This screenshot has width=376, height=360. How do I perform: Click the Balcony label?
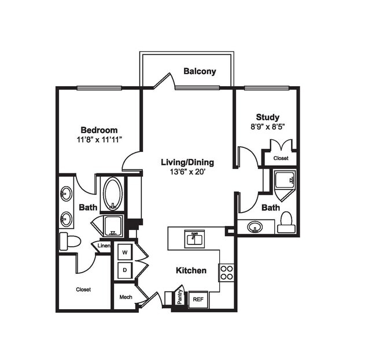(x=200, y=72)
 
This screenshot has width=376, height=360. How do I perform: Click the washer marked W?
(x=124, y=252)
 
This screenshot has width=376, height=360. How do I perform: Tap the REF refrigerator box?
(x=198, y=299)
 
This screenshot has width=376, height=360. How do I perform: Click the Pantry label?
(x=179, y=298)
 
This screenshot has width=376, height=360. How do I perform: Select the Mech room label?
(x=126, y=297)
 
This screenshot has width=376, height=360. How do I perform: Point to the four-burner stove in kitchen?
(x=226, y=272)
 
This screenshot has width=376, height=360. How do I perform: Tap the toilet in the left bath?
(x=68, y=241)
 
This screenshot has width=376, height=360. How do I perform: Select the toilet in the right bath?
(x=285, y=222)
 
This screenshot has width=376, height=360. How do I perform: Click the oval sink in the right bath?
(x=255, y=227)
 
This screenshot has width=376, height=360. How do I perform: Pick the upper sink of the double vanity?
(x=67, y=194)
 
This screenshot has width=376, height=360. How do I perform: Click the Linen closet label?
(x=104, y=246)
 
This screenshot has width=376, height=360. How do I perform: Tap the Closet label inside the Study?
(x=281, y=157)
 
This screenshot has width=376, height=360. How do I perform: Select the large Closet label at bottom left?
(x=83, y=289)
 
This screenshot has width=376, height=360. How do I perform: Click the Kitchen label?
(x=191, y=270)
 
